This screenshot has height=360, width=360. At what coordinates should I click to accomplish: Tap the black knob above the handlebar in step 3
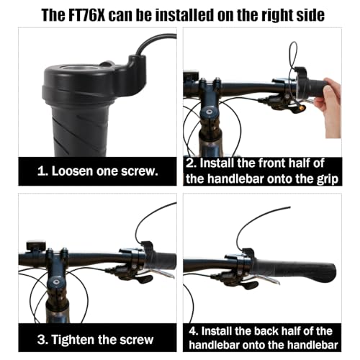pyautogui.click(x=32, y=246)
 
